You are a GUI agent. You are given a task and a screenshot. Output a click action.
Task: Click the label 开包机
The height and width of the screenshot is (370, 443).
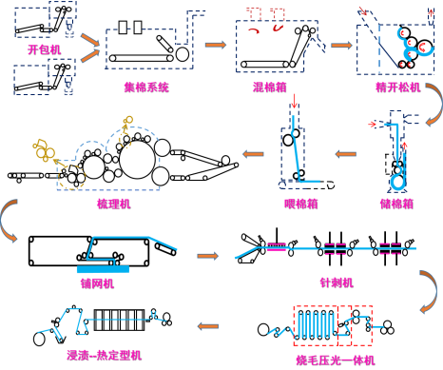[x=44, y=49]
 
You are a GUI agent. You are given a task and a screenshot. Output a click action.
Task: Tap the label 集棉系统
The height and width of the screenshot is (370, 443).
[x=146, y=87]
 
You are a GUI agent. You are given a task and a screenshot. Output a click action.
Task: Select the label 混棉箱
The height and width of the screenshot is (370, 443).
[x=270, y=87]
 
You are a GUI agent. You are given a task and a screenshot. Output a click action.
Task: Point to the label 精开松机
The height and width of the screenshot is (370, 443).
[x=398, y=88]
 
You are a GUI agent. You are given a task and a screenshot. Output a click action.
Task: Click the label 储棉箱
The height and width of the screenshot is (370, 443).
[x=396, y=204]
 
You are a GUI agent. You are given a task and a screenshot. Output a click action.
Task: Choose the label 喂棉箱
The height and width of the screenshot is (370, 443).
[x=301, y=204]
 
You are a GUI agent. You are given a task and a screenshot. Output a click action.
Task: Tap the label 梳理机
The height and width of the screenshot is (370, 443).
[x=114, y=204]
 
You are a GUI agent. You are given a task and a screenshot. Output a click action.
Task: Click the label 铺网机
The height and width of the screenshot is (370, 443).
[x=97, y=283]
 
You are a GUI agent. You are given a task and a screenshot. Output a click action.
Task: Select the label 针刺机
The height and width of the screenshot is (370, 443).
[x=337, y=282]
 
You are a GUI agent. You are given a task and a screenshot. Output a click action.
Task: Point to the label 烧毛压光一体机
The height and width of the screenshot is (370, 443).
[x=336, y=360]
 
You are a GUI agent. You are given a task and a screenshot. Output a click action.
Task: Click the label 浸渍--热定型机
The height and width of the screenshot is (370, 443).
[x=104, y=355]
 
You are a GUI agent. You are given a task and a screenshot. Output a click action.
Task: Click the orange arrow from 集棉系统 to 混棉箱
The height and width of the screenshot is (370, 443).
[x=216, y=45]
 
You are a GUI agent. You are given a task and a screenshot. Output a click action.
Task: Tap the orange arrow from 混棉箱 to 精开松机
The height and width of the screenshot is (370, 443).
[x=341, y=45]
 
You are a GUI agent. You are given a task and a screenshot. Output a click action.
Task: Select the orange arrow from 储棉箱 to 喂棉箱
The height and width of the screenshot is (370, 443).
[x=346, y=154]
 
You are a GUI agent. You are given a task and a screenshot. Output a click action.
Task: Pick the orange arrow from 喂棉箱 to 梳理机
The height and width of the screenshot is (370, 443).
[x=253, y=154]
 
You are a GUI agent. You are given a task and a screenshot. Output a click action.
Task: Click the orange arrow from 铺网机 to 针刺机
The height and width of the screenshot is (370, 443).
[x=208, y=256]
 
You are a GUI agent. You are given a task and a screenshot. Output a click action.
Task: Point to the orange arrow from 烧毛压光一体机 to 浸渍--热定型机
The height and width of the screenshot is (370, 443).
[x=208, y=326]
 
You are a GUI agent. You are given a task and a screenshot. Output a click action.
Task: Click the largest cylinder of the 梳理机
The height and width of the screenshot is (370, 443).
[x=138, y=160]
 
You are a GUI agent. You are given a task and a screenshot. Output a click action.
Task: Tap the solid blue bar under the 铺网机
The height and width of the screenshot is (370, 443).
[x=103, y=269]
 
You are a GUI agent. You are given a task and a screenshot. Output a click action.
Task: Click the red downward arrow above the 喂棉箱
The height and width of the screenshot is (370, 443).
[x=295, y=101]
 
